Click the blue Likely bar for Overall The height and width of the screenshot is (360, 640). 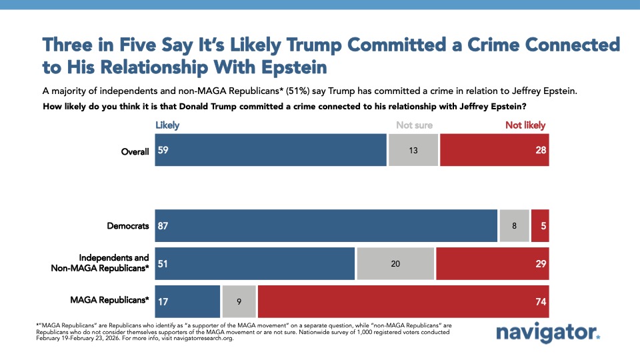[271, 150]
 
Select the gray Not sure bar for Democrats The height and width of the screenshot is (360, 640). [514, 226]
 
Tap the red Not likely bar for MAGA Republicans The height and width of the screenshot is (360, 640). [403, 301]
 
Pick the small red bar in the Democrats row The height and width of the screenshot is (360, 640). [540, 226]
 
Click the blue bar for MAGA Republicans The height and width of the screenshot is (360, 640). [187, 301]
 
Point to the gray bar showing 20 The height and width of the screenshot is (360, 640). [395, 264]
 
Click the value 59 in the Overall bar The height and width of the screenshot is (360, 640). [163, 150]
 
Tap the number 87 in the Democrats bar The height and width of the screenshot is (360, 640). [163, 226]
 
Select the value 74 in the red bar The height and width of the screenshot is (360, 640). [540, 302]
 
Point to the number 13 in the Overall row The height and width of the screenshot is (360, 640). [413, 151]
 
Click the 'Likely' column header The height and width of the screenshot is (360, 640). [167, 125]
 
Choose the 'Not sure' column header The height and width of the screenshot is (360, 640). [414, 125]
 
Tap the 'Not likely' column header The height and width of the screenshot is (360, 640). [525, 125]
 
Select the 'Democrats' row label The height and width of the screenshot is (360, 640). [128, 226]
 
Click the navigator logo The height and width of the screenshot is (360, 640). [548, 333]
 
